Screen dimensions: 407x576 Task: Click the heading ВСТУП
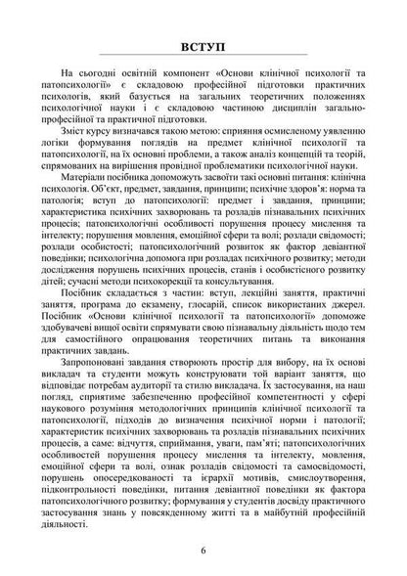pos(203,47)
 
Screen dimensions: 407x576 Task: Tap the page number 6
pos(203,549)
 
